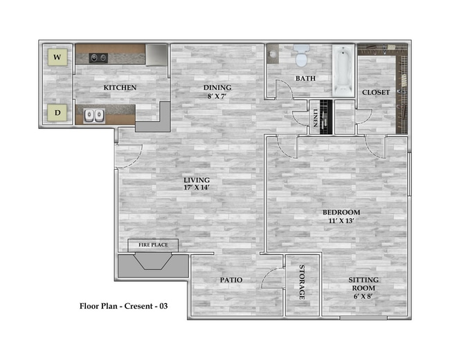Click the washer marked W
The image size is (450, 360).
[x=57, y=57]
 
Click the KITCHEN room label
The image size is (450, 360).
[x=120, y=88]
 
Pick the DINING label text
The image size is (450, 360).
[x=217, y=88]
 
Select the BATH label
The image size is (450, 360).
[x=305, y=78]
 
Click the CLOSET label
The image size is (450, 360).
[x=376, y=92]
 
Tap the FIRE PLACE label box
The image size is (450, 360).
[x=153, y=245]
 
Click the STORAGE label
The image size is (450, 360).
[x=302, y=282]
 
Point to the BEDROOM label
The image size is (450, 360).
[x=341, y=212]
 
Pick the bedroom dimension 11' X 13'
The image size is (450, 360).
[x=341, y=221]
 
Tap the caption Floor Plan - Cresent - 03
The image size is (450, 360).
[x=123, y=305]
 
